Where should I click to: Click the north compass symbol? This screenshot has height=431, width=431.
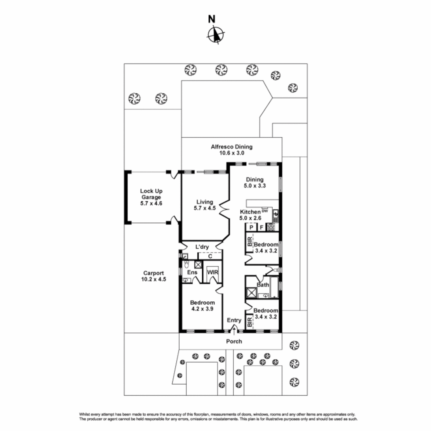tap(215, 34)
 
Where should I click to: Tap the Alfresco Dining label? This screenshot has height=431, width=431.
tap(231, 147)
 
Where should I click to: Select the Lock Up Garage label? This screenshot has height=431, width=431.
tap(151, 194)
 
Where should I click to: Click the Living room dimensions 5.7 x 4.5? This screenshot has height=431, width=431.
tap(204, 208)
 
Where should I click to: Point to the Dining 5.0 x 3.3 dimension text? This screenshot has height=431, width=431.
tap(255, 186)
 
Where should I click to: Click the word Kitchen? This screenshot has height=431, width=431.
tap(250, 212)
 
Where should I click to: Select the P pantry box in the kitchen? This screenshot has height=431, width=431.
tap(251, 227)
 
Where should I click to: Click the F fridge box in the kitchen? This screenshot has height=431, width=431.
tap(261, 227)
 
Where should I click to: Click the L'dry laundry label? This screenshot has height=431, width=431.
tap(202, 247)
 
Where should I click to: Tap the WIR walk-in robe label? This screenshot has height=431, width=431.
tap(211, 272)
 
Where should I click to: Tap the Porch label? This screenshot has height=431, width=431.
tap(234, 341)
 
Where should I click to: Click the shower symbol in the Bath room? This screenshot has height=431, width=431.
tap(252, 293)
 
